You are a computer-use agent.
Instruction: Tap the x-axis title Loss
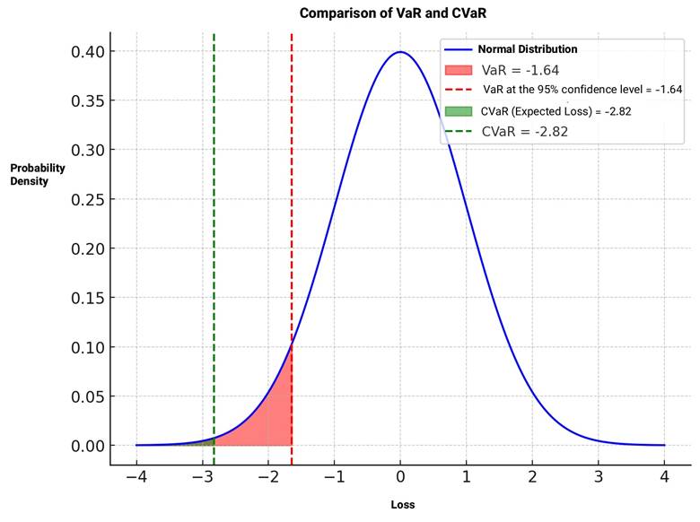coord(403,505)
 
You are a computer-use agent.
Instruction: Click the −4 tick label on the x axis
coord(136,476)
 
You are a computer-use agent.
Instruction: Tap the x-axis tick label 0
coord(400,476)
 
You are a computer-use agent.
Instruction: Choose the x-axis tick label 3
coord(599,476)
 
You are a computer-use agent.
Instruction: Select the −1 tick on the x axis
coord(334,476)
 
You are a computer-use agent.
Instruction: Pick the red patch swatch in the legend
coord(458,69)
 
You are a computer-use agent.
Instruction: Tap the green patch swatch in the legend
coord(458,110)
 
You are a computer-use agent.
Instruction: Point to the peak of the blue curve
coord(400,52)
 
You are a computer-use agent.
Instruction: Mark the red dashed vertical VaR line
coord(292,224)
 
